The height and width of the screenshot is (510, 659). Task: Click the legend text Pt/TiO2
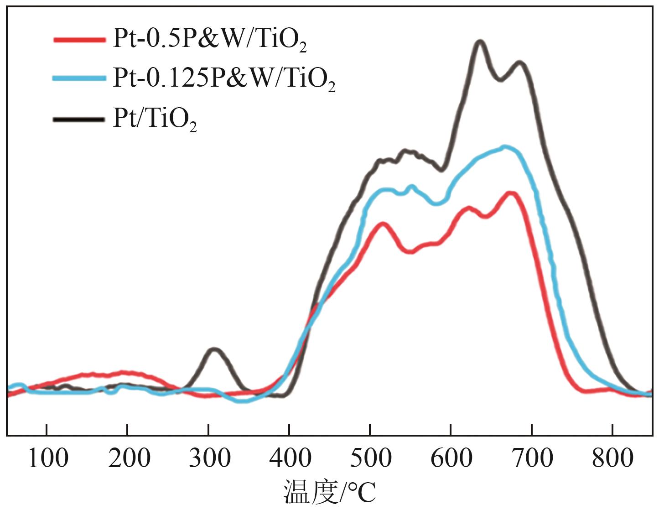point(155,120)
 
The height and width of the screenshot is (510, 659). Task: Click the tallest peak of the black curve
point(480,42)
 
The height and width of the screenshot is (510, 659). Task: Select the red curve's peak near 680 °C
point(511,193)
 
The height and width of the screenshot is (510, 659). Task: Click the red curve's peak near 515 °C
point(382,224)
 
